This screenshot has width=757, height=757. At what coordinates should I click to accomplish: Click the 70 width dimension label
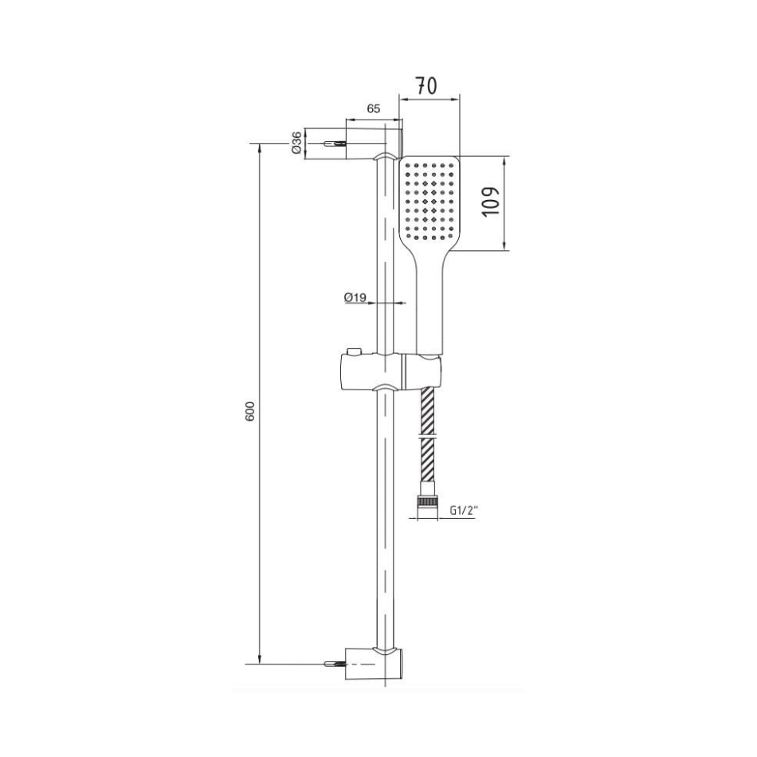pyautogui.click(x=427, y=86)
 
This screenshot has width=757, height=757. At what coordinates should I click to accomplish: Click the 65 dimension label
pyautogui.click(x=374, y=108)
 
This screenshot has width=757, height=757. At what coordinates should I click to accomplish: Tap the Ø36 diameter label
pyautogui.click(x=297, y=143)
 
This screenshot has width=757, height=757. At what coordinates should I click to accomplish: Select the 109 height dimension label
pyautogui.click(x=492, y=202)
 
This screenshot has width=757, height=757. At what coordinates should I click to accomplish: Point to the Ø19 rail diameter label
pyautogui.click(x=355, y=297)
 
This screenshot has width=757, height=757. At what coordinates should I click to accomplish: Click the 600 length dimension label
pyautogui.click(x=249, y=411)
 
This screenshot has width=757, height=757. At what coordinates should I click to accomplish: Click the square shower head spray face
pyautogui.click(x=430, y=202)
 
